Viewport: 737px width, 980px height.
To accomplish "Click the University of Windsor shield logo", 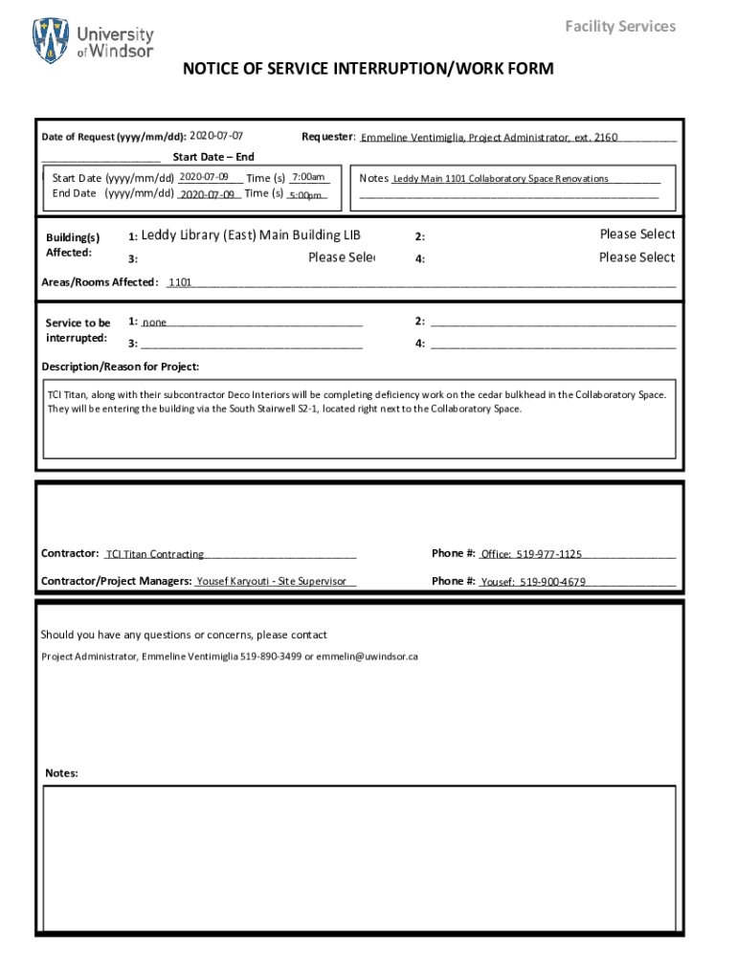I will pyautogui.click(x=51, y=41).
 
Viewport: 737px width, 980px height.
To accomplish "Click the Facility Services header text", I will pyautogui.click(x=619, y=26).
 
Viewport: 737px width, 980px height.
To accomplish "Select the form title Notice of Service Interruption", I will pyautogui.click(x=368, y=69).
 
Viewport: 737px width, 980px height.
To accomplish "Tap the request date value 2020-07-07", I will pyautogui.click(x=216, y=136).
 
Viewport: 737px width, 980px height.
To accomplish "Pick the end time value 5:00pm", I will pyautogui.click(x=306, y=195).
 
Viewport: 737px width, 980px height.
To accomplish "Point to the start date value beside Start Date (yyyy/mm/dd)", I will pyautogui.click(x=204, y=177).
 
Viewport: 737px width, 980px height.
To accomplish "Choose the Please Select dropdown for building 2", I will pyautogui.click(x=636, y=234).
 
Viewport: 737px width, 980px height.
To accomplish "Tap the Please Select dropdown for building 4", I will pyautogui.click(x=636, y=257).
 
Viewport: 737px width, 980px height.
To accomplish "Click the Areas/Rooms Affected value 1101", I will pyautogui.click(x=181, y=283).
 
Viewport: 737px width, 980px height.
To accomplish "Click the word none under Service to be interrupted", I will pyautogui.click(x=155, y=323).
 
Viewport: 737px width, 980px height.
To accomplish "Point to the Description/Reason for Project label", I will pyautogui.click(x=121, y=367).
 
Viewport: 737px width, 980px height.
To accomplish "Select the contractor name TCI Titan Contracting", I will pyautogui.click(x=155, y=554).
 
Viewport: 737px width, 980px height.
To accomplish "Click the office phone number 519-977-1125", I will pyautogui.click(x=548, y=554).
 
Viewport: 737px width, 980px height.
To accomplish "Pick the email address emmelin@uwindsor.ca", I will pyautogui.click(x=368, y=657).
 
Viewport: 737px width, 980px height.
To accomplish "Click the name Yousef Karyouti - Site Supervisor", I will pyautogui.click(x=271, y=581).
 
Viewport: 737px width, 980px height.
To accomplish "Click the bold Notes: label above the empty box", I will pyautogui.click(x=61, y=773).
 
